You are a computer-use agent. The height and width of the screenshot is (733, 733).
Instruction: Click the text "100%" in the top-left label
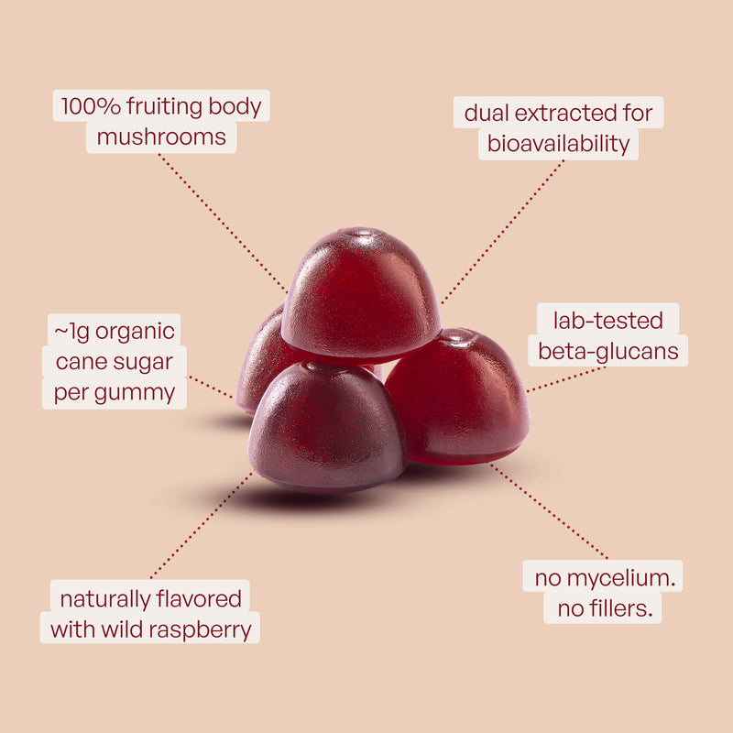(91, 106)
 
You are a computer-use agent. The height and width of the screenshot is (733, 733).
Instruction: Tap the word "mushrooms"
(161, 137)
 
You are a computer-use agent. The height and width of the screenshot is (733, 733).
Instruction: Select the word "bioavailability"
(559, 144)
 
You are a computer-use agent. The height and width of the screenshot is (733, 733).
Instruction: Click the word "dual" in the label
(487, 113)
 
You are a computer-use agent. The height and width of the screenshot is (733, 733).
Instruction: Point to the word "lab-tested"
(607, 321)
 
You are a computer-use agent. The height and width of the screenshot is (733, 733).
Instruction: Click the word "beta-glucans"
(607, 352)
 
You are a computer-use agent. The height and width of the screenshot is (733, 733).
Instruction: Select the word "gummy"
(135, 394)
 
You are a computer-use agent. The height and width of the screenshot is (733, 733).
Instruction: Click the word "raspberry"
(200, 629)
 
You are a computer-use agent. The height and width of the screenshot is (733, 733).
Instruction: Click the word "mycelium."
(621, 579)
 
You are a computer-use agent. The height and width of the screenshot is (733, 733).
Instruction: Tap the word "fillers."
(620, 608)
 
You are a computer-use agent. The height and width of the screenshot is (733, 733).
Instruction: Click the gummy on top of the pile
(361, 293)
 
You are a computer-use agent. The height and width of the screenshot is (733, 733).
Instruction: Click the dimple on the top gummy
(362, 233)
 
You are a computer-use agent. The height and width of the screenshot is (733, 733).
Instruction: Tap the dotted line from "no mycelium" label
(549, 511)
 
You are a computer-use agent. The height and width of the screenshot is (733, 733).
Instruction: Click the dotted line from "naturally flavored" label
(202, 525)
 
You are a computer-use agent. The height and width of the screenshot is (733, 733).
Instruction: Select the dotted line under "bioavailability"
(502, 232)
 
